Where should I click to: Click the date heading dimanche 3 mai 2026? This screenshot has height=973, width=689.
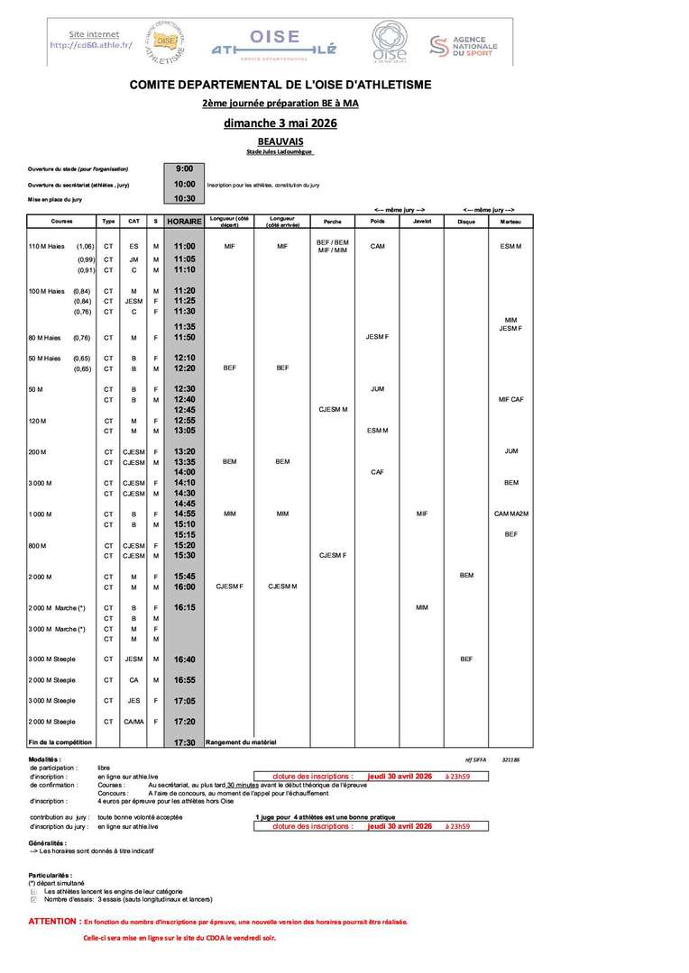click(x=280, y=123)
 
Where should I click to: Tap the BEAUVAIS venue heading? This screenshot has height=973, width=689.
click(x=280, y=142)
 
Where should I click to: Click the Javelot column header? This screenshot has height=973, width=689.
click(x=421, y=221)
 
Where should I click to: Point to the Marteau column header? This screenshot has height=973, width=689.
click(x=510, y=221)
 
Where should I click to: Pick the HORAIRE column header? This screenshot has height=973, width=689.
click(x=185, y=221)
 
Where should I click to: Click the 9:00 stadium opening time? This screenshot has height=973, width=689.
click(x=185, y=168)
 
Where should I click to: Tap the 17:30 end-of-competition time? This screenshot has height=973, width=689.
click(x=185, y=742)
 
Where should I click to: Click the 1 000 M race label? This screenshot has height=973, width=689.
click(x=41, y=514)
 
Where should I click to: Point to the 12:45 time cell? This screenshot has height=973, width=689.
click(x=185, y=409)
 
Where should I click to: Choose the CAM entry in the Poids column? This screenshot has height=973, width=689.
click(x=377, y=246)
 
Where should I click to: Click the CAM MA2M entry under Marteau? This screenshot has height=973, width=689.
click(x=510, y=514)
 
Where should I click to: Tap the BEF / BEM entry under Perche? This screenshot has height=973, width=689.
click(x=332, y=241)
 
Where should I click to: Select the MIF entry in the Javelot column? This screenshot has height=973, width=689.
click(x=421, y=514)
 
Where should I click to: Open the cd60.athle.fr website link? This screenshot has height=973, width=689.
click(x=91, y=45)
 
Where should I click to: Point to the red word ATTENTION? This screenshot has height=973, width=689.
click(x=54, y=922)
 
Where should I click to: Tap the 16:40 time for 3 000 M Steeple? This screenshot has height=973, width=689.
click(x=185, y=659)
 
